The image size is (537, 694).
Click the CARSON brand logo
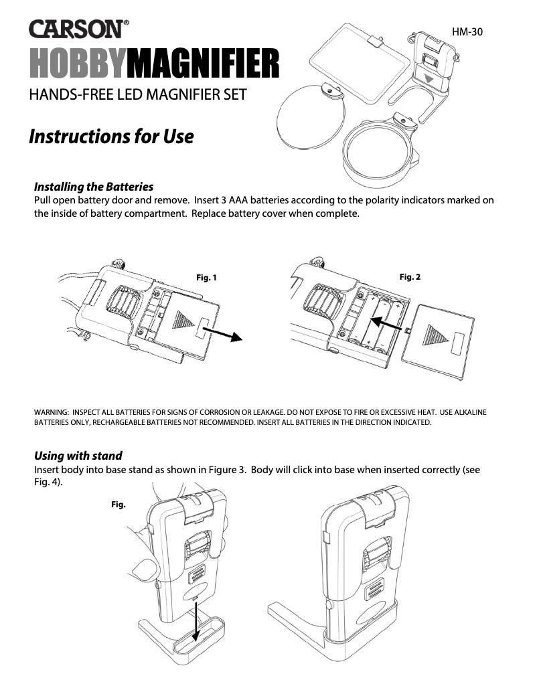point(79,29)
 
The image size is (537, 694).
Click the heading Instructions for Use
point(111,137)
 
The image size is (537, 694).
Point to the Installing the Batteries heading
point(94,186)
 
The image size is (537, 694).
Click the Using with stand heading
point(78,456)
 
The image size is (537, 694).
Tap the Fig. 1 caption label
point(206,278)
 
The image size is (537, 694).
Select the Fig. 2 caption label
point(410,276)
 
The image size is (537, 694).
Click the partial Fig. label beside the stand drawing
point(119,505)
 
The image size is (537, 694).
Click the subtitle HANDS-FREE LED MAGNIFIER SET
point(138,94)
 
